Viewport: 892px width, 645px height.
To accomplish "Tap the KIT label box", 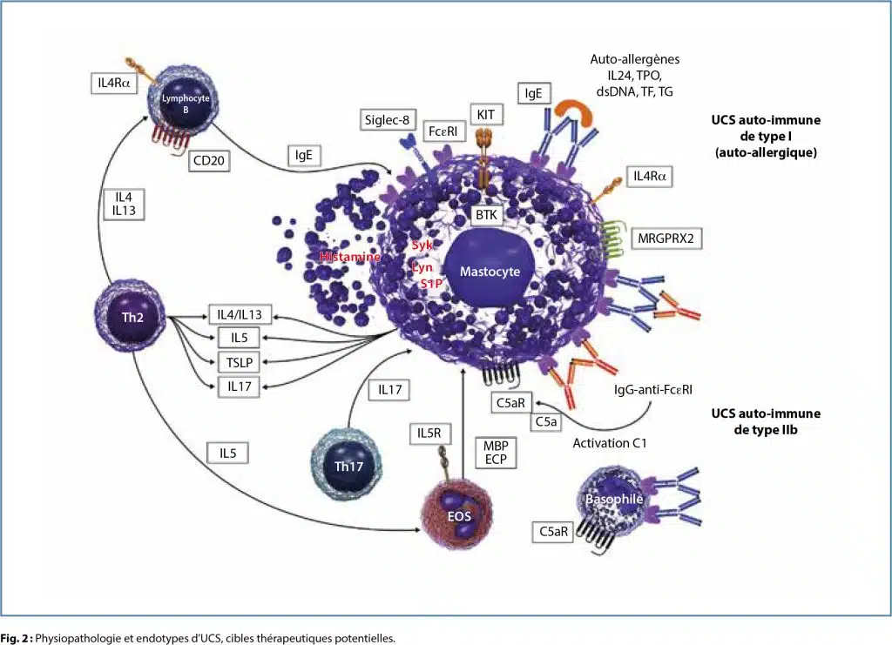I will point(485,114).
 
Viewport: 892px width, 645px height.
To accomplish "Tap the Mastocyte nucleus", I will point(491,272).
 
